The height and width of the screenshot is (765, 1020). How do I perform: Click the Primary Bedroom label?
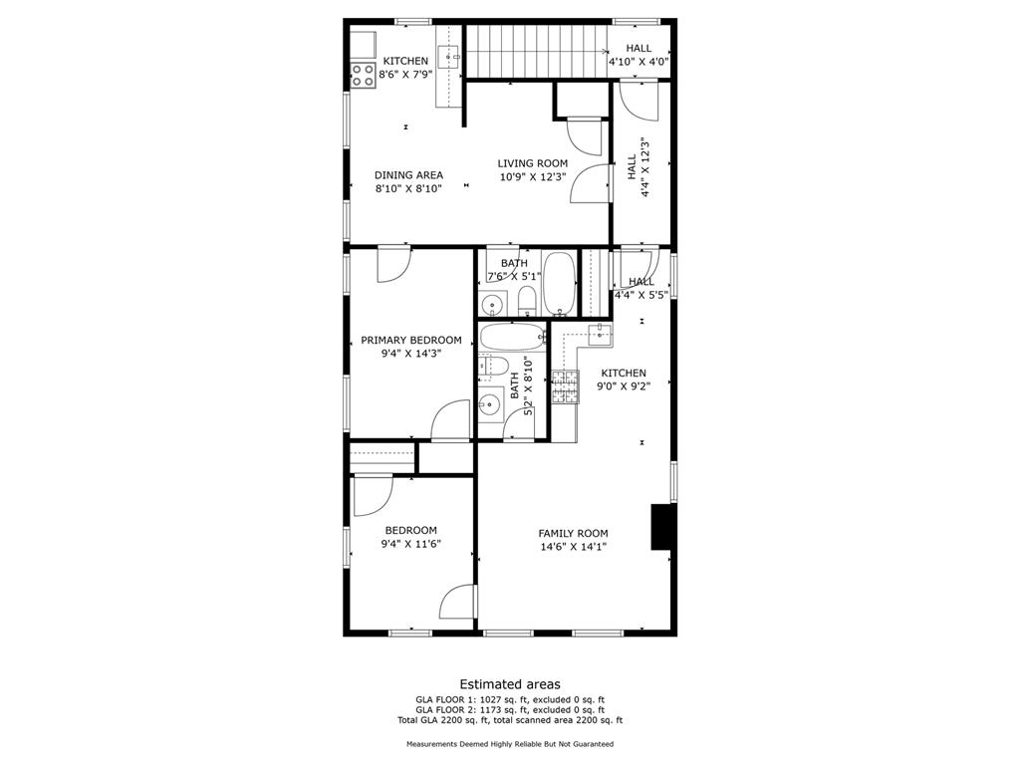411,340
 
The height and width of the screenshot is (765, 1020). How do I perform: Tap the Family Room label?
573,534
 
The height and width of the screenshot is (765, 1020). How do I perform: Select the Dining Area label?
408,175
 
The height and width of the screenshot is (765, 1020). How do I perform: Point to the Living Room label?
533,163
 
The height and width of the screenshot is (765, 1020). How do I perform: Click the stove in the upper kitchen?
363,76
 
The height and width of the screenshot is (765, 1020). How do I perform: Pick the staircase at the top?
537,50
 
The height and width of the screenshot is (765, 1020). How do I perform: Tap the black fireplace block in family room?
661,527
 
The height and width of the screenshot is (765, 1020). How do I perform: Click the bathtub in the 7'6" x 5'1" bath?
559,283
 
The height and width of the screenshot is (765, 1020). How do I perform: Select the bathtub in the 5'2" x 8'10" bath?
513,338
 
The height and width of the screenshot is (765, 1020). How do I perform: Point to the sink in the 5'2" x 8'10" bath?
490,404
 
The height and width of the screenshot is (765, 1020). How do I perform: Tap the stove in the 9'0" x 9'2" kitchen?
566,386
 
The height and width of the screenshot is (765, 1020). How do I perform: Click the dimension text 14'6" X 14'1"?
573,547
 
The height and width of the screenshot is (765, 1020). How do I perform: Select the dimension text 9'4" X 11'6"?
411,544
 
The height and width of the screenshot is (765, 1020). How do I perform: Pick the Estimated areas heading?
510,684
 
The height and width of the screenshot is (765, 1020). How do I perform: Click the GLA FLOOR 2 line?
510,709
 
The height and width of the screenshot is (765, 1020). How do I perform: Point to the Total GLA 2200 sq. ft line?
510,720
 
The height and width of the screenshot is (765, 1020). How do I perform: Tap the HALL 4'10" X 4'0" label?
638,56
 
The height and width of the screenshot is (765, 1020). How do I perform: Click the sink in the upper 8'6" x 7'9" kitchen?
448,57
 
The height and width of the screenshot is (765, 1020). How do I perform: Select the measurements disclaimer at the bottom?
510,743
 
